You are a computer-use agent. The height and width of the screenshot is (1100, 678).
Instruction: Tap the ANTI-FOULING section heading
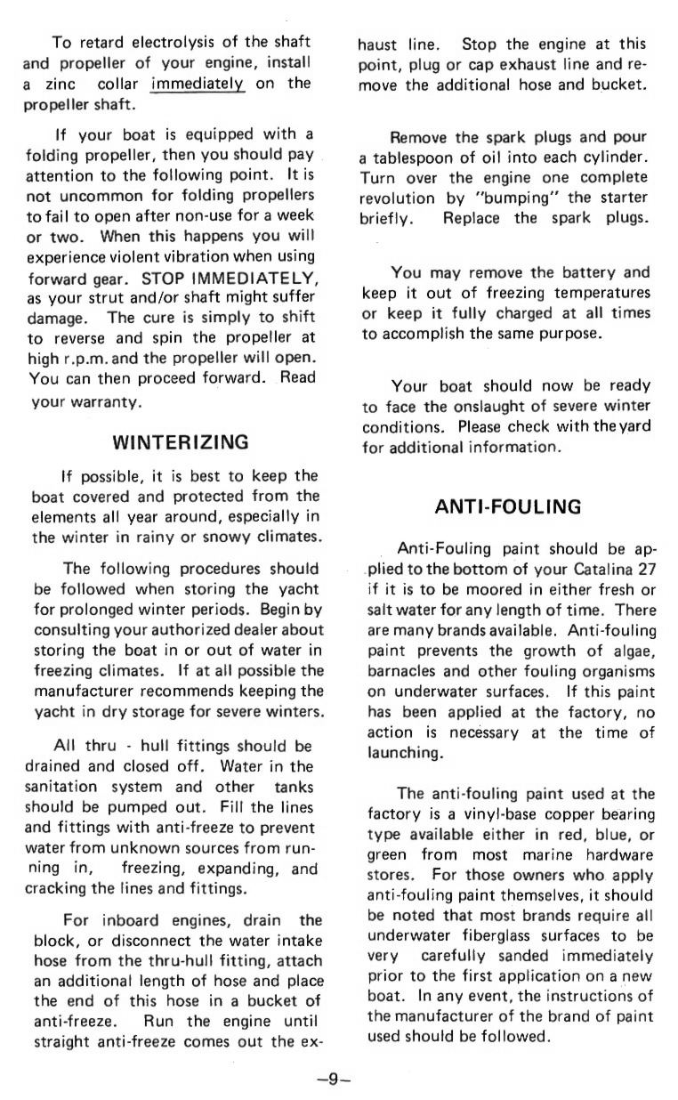(507, 507)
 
